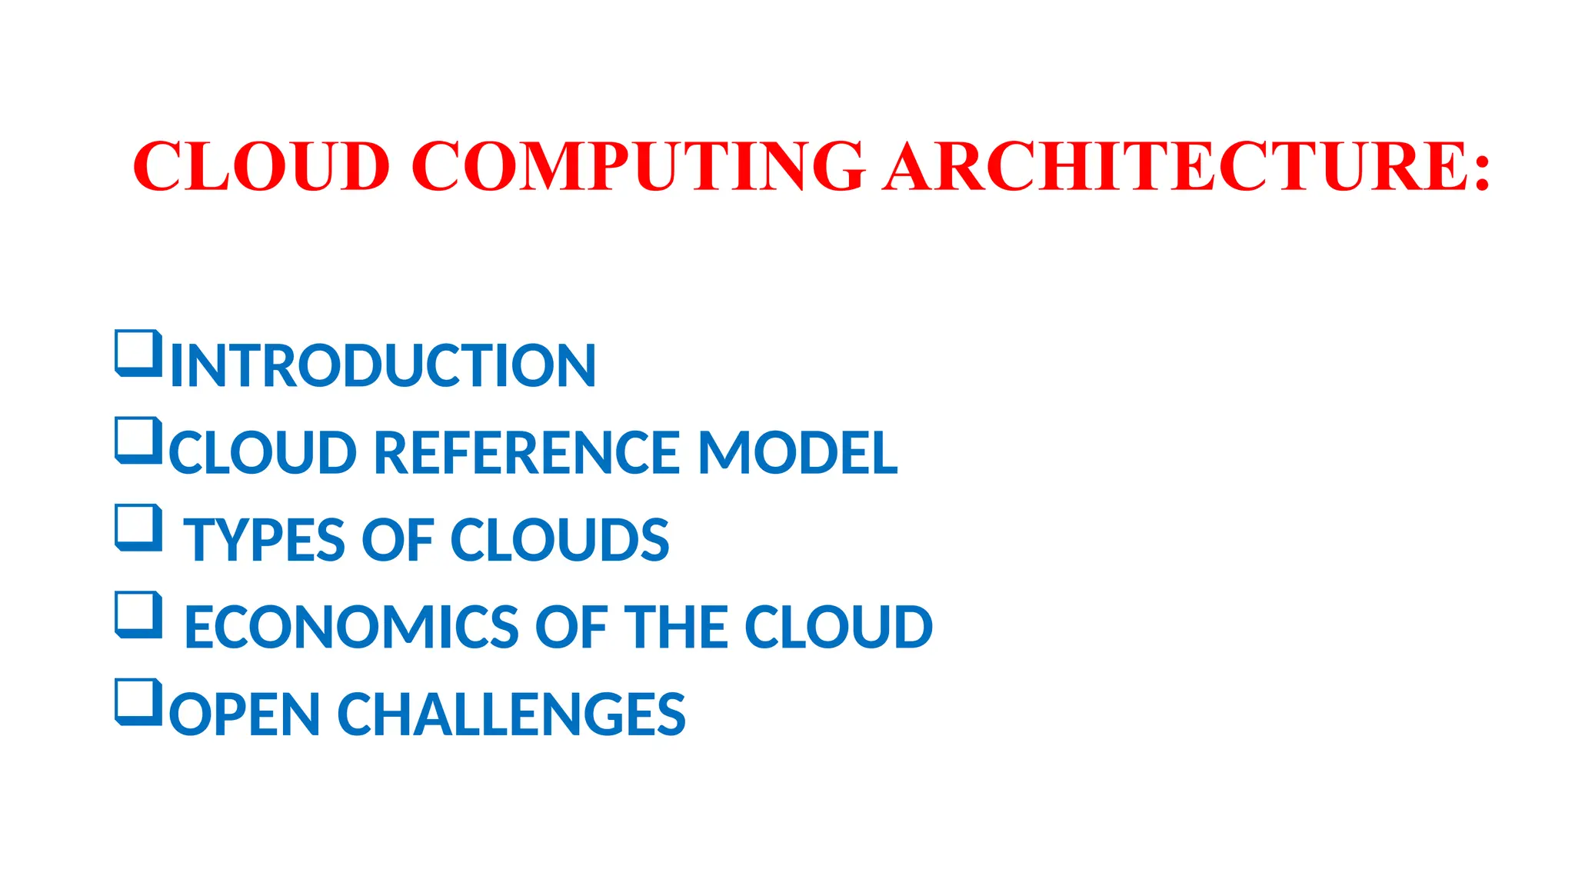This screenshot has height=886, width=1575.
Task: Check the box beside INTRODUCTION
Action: tap(138, 354)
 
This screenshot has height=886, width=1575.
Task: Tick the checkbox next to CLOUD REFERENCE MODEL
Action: tap(138, 441)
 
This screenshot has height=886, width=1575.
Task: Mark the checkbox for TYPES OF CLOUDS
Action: tap(138, 528)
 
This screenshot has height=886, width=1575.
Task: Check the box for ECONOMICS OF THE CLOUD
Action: tap(138, 615)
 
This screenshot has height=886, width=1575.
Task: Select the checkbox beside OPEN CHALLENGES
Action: tap(138, 702)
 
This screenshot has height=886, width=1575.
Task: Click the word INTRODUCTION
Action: tap(383, 365)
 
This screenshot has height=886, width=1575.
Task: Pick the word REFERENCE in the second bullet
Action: tap(527, 452)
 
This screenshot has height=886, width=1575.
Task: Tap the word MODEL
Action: tap(797, 452)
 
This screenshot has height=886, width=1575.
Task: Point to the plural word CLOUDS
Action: tap(559, 540)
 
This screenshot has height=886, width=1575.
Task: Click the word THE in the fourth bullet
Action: tap(676, 627)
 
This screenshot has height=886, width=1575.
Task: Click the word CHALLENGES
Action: tap(511, 714)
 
